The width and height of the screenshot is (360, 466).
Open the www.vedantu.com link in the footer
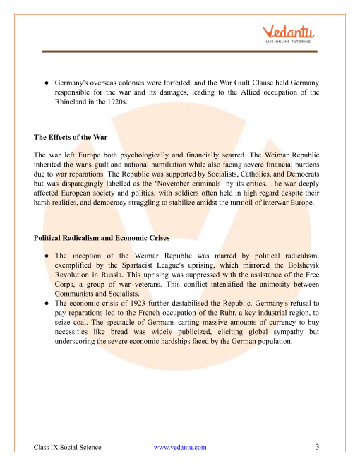[x=181, y=447]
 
